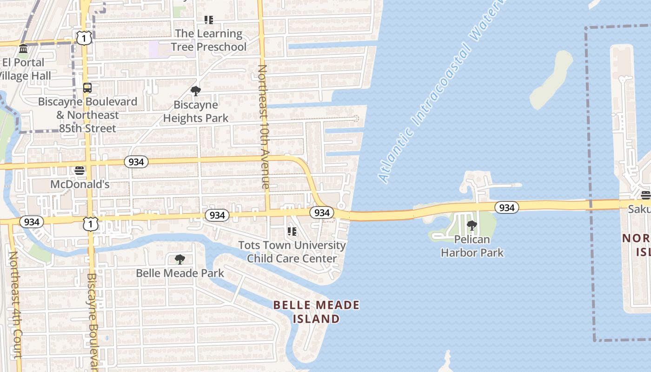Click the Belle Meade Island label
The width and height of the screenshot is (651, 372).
(x=316, y=312)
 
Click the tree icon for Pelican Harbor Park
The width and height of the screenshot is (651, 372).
(x=472, y=226)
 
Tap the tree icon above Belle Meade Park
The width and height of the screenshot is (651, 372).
(x=180, y=259)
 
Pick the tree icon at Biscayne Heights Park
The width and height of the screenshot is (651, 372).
(x=196, y=91)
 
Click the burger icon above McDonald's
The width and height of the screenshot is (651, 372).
(x=80, y=171)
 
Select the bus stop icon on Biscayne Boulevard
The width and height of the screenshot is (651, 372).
(x=87, y=88)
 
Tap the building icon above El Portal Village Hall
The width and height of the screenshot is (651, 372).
(x=23, y=49)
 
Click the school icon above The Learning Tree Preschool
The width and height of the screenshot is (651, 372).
(x=209, y=20)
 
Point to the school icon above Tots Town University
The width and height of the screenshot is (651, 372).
(x=292, y=231)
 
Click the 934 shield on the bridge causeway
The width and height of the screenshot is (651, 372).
(x=506, y=207)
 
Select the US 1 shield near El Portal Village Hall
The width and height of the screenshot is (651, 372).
(x=84, y=38)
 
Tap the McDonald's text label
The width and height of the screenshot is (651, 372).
(x=80, y=184)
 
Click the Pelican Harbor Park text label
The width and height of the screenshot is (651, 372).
(x=472, y=246)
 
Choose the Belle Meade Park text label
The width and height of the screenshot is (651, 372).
(x=180, y=273)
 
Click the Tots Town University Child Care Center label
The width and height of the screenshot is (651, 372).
(x=292, y=252)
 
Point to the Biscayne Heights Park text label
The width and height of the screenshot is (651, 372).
(x=196, y=112)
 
